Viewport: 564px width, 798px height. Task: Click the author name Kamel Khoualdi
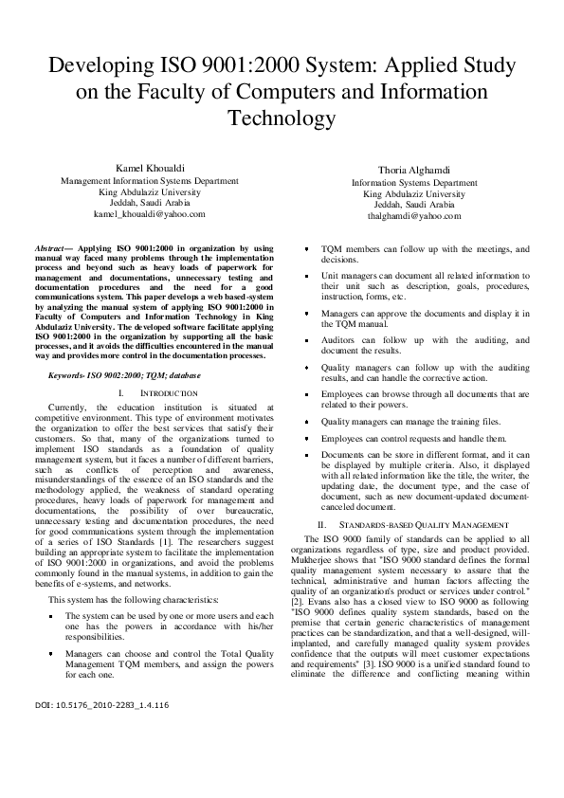click(145, 168)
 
